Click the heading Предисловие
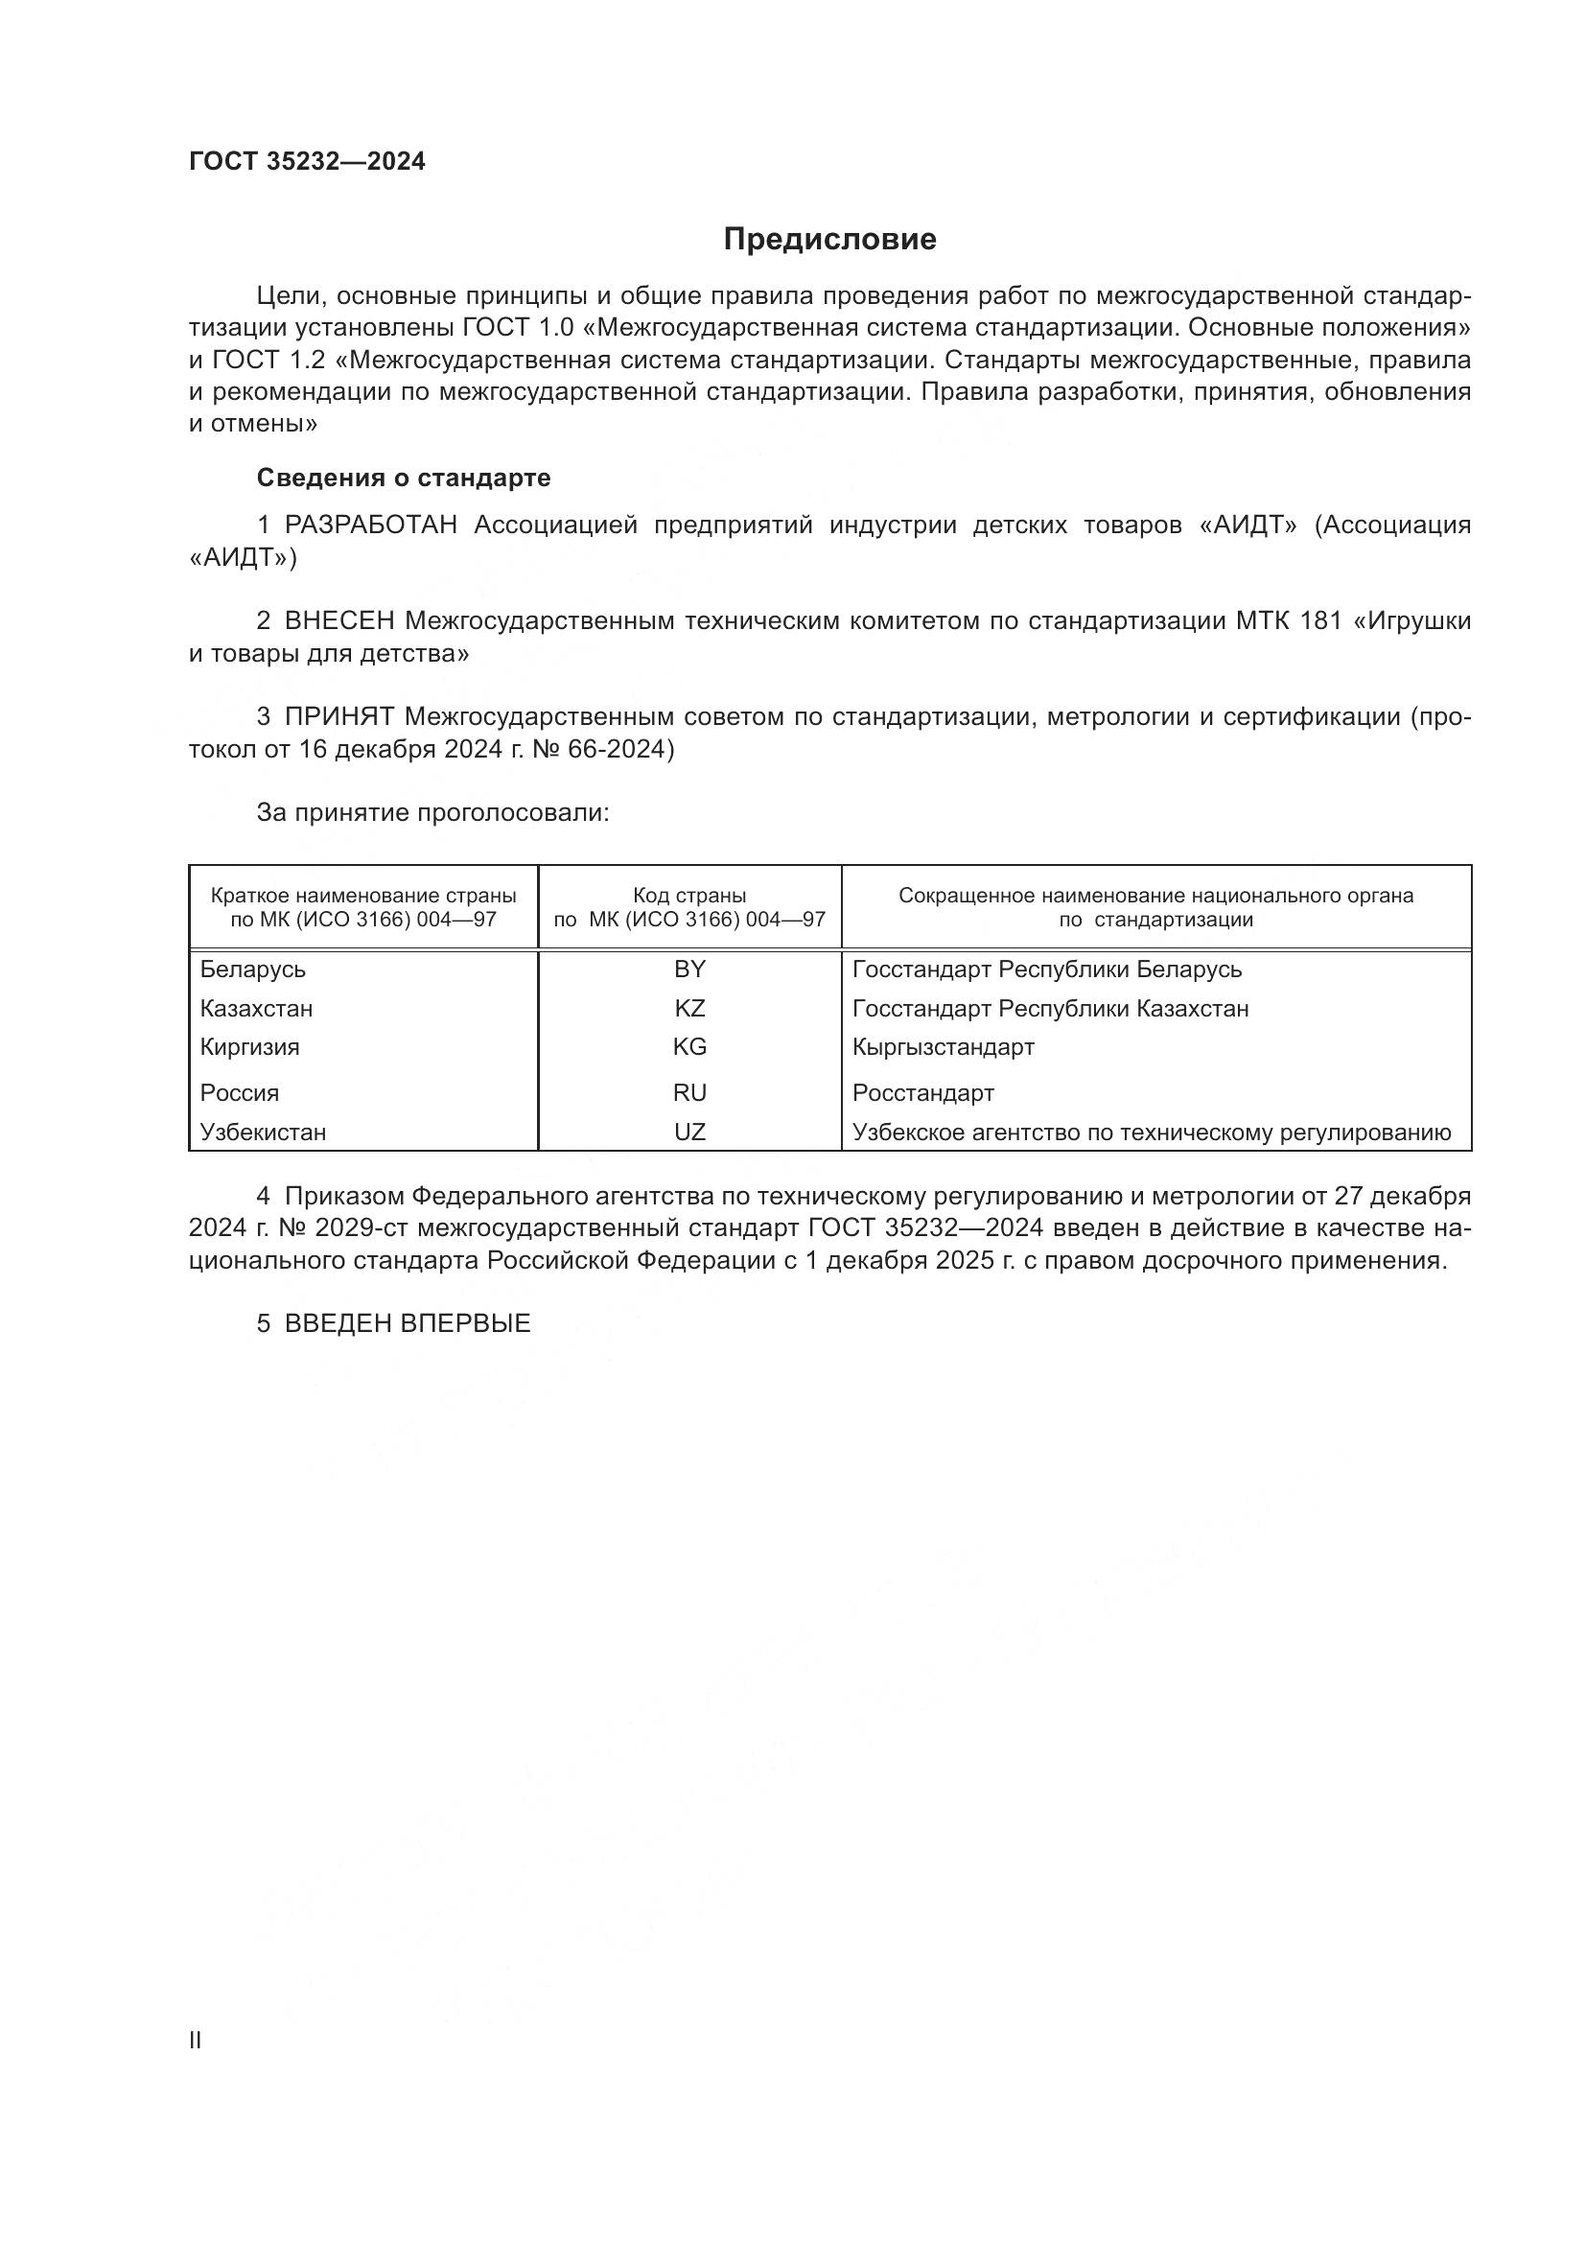pyautogui.click(x=829, y=240)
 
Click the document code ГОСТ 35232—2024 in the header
pyautogui.click(x=307, y=161)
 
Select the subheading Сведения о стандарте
pyautogui.click(x=404, y=478)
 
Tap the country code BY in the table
pyautogui.click(x=689, y=970)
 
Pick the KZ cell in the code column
pyautogui.click(x=689, y=1008)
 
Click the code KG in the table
pyautogui.click(x=689, y=1047)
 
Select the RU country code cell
pyautogui.click(x=689, y=1092)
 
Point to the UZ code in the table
pyautogui.click(x=689, y=1133)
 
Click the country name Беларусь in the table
pyautogui.click(x=253, y=970)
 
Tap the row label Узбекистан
pyautogui.click(x=263, y=1133)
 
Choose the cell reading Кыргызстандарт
pyautogui.click(x=943, y=1047)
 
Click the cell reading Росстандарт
pyautogui.click(x=922, y=1092)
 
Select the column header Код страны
pyautogui.click(x=689, y=896)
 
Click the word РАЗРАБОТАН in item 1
pyautogui.click(x=371, y=526)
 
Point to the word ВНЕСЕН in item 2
pyautogui.click(x=339, y=621)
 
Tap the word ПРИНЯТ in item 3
pyautogui.click(x=338, y=717)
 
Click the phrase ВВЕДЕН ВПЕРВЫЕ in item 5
pyautogui.click(x=408, y=1323)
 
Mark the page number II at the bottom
pyautogui.click(x=196, y=2040)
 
